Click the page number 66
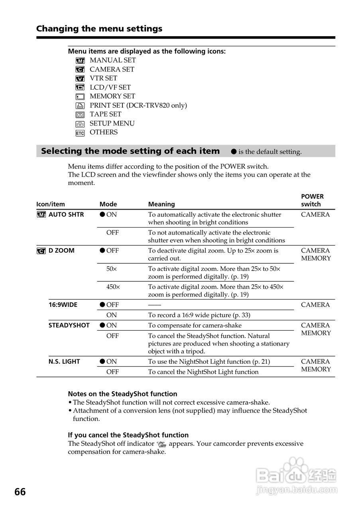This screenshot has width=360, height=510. (20, 492)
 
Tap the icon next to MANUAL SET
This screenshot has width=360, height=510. (80, 61)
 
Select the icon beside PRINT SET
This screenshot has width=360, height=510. (80, 106)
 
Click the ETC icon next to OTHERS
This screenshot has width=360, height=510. (80, 133)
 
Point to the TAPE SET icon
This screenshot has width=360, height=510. (80, 115)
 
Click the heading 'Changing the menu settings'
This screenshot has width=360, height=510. (99, 29)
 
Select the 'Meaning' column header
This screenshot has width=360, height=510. (161, 204)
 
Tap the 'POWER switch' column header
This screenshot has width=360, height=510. (312, 200)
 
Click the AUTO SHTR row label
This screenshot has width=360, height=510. (66, 214)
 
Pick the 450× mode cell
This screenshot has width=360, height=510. (112, 286)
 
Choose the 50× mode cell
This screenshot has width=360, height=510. (112, 269)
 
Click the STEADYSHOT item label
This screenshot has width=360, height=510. (69, 325)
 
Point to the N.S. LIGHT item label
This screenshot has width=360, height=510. (64, 361)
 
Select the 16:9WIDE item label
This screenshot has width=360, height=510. (63, 305)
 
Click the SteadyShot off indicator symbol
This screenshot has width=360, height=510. (161, 444)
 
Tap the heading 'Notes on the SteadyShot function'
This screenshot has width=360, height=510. (122, 394)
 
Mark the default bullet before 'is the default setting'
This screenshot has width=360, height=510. (234, 152)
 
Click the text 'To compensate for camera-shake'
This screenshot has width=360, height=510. (195, 326)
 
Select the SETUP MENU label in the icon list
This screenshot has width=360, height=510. (112, 124)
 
